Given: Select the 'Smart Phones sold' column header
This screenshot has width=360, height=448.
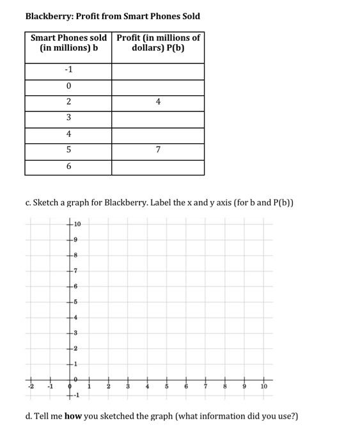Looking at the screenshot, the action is pyautogui.click(x=68, y=43).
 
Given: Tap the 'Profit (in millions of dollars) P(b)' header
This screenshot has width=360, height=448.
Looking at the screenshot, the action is pyautogui.click(x=158, y=43).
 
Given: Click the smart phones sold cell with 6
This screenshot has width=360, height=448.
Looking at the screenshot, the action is pyautogui.click(x=68, y=166).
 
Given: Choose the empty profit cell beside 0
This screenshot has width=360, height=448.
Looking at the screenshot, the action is pyautogui.click(x=158, y=86).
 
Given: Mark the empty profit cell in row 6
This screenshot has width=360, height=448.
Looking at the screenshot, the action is pyautogui.click(x=158, y=166).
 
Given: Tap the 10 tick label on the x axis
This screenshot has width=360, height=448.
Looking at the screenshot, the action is pyautogui.click(x=263, y=387).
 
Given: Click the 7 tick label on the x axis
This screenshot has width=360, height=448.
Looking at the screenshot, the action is pyautogui.click(x=206, y=387).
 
